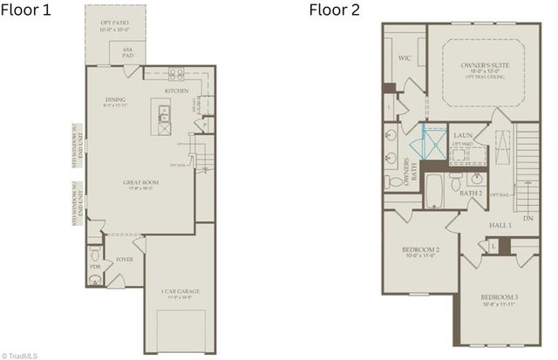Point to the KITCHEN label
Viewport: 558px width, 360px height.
pyautogui.click(x=177, y=91)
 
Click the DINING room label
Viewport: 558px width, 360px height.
pyautogui.click(x=116, y=101)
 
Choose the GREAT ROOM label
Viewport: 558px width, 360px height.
pyautogui.click(x=141, y=183)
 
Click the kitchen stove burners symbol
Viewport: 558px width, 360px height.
pyautogui.click(x=176, y=74)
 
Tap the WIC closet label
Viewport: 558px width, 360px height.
pyautogui.click(x=405, y=59)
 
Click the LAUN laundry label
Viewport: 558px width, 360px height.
pyautogui.click(x=463, y=136)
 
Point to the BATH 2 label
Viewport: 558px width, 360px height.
pyautogui.click(x=471, y=193)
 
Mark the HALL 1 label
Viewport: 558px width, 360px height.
pyautogui.click(x=500, y=225)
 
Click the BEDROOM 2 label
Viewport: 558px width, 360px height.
pyautogui.click(x=420, y=252)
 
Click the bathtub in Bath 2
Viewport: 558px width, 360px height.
pyautogui.click(x=434, y=190)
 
